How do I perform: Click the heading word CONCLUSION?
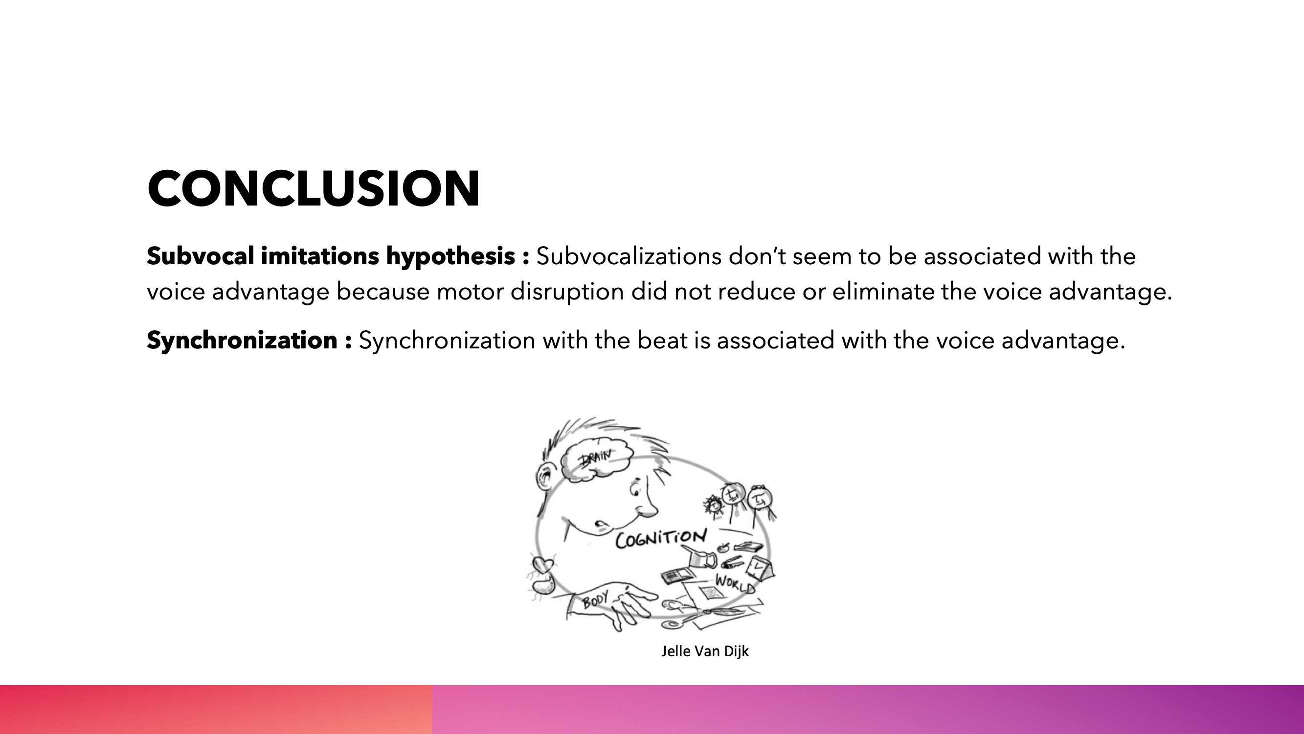(314, 188)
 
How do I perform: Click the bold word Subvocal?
(200, 256)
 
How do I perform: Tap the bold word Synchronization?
(242, 341)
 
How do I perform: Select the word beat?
(662, 340)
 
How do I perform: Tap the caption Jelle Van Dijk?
(705, 651)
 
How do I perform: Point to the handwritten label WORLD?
(735, 584)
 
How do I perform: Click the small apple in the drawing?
(723, 548)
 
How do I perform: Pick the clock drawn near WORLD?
(760, 568)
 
